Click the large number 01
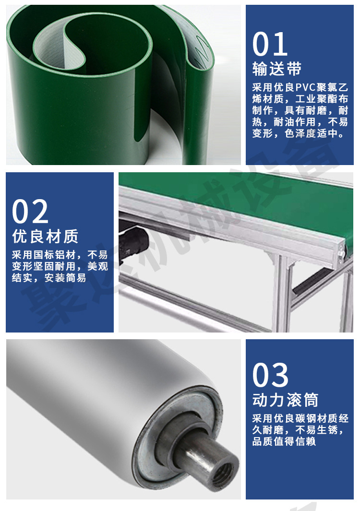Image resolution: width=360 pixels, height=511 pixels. [x=270, y=44]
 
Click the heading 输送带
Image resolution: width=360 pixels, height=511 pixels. [x=277, y=69]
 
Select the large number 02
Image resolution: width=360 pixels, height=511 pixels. [x=30, y=212]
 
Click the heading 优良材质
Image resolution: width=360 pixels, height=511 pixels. [x=45, y=236]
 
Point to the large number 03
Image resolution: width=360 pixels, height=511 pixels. [x=270, y=375]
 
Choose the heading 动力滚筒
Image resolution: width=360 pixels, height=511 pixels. [x=285, y=400]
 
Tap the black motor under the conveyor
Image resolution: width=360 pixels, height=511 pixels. [x=132, y=241]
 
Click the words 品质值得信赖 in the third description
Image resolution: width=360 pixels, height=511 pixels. [x=284, y=441]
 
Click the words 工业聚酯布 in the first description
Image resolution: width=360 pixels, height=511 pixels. [x=322, y=99]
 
